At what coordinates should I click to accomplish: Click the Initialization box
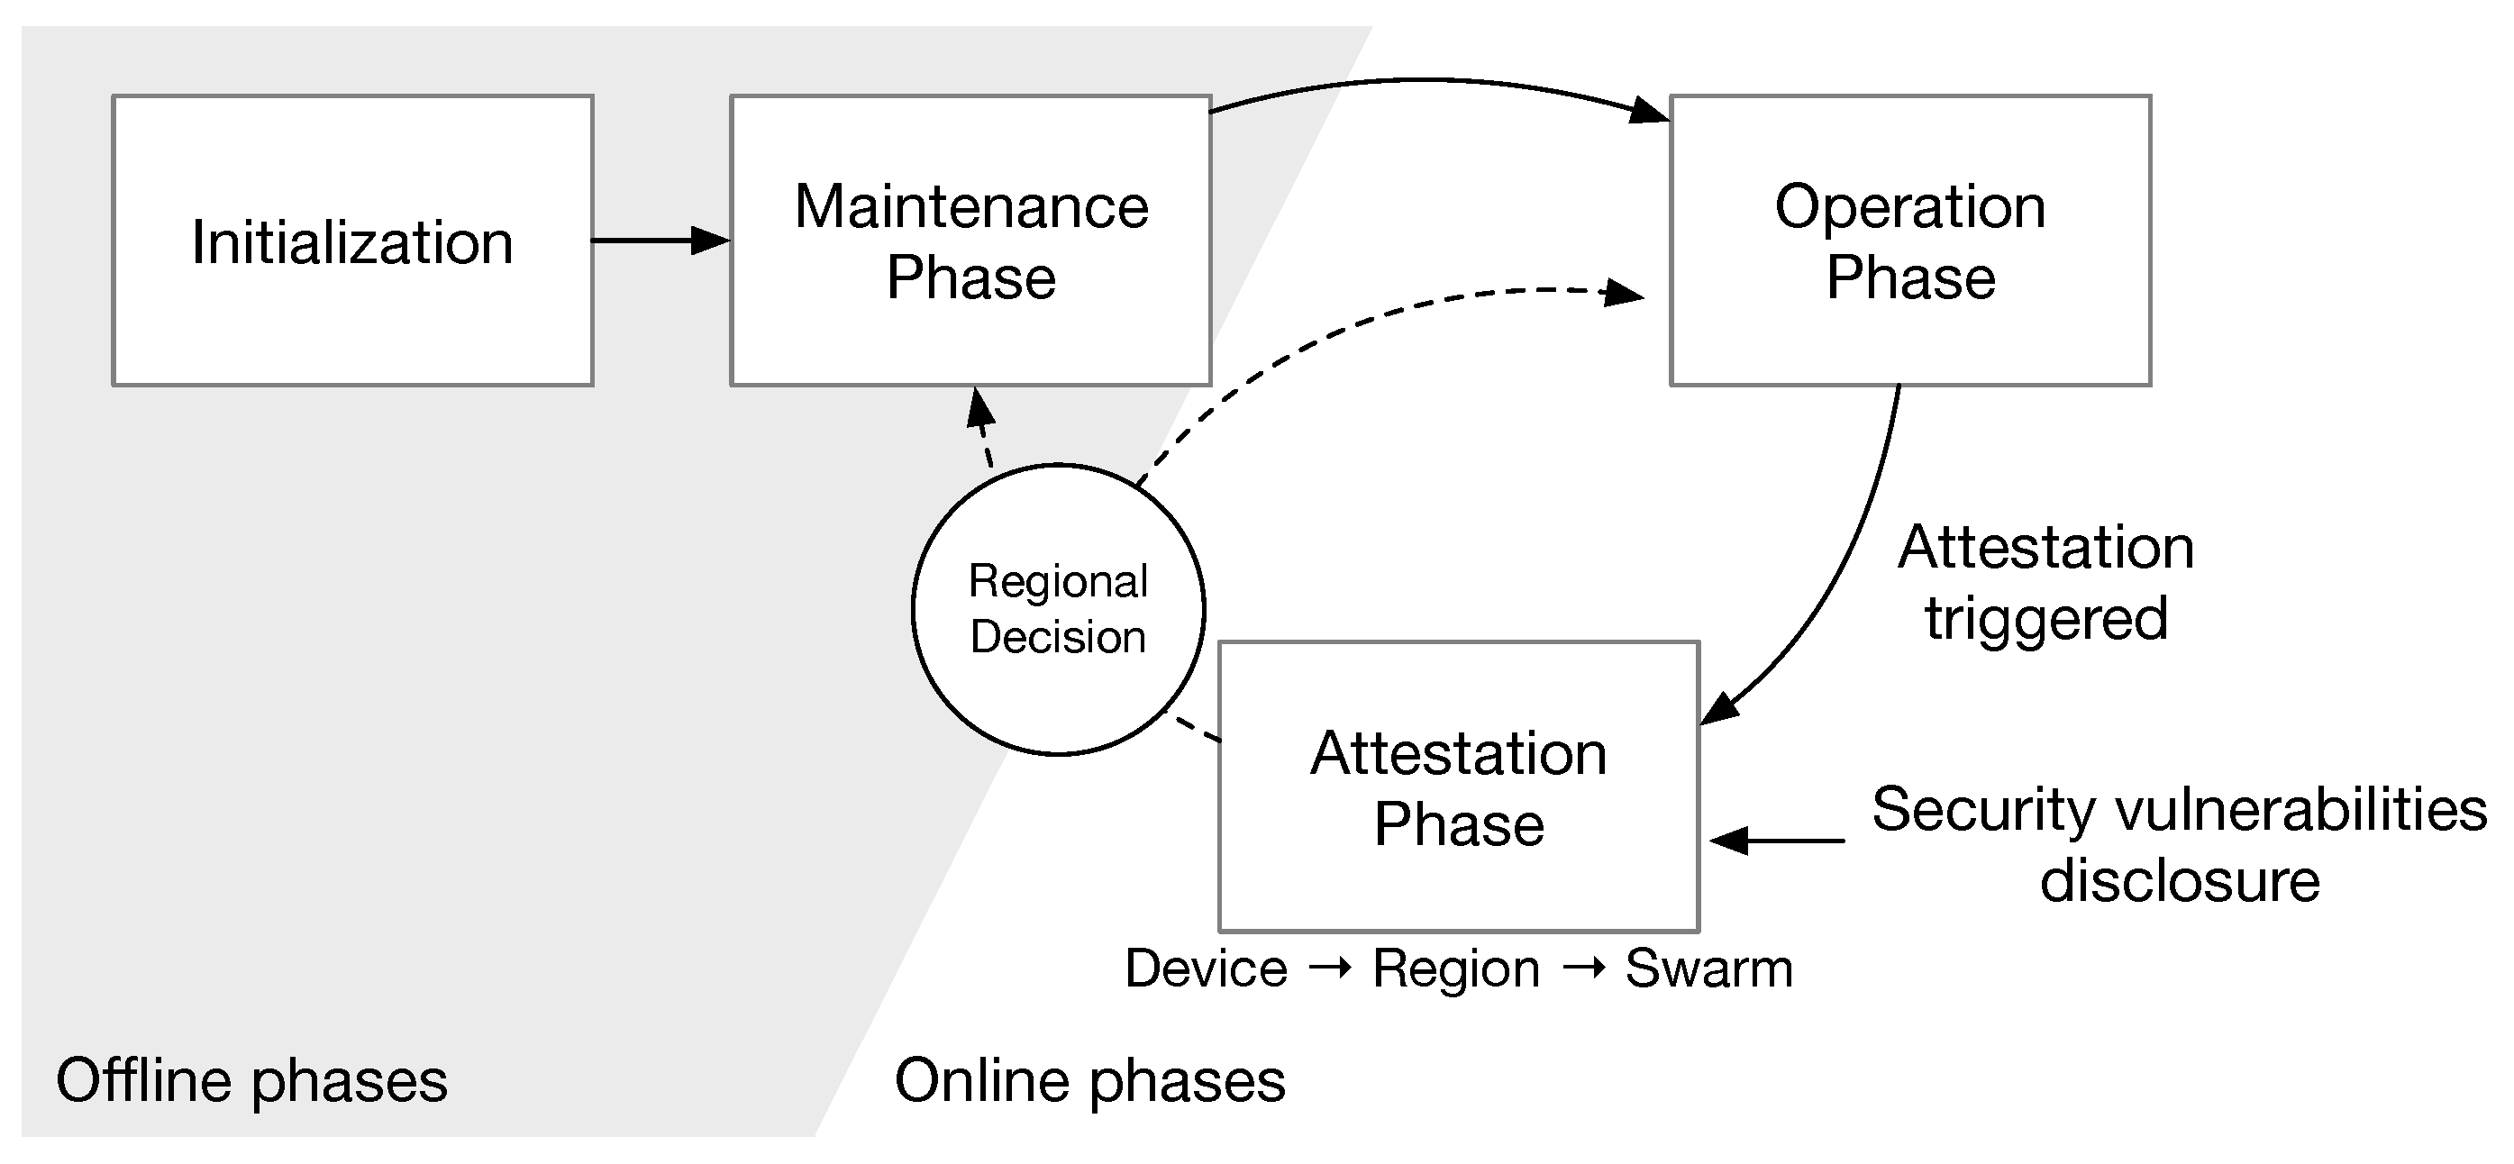[x=352, y=241]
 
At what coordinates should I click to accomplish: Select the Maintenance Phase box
[x=970, y=241]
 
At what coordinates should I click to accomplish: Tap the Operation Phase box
[x=1910, y=241]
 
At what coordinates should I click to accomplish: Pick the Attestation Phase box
[x=1458, y=787]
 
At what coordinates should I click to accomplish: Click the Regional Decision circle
[x=1058, y=610]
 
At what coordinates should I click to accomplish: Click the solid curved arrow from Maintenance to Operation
[x=1425, y=81]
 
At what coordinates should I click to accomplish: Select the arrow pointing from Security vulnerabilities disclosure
[x=1776, y=840]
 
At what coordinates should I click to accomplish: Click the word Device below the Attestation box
[x=1207, y=968]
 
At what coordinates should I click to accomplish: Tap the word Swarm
[x=1708, y=968]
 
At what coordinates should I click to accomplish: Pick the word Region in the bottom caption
[x=1456, y=968]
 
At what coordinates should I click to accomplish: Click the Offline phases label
[x=251, y=1081]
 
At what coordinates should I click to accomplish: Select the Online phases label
[x=1090, y=1081]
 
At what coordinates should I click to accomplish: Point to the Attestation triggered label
[x=2045, y=583]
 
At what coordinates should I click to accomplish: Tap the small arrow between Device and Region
[x=1330, y=968]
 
